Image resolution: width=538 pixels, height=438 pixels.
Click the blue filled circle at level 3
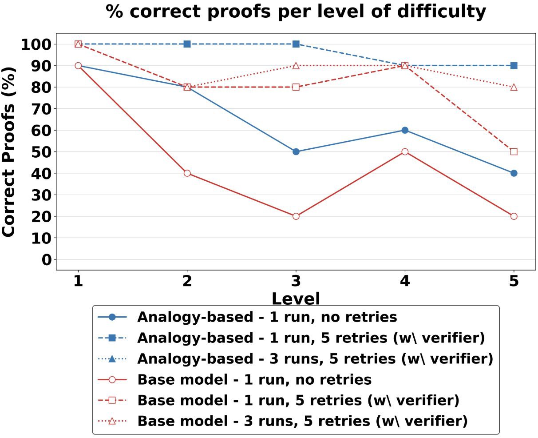click(296, 151)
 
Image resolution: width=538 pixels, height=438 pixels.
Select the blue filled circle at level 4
click(405, 130)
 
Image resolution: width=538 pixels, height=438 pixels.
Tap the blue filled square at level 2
click(187, 44)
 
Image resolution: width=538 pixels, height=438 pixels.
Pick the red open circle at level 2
click(187, 173)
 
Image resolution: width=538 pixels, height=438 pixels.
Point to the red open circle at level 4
click(405, 151)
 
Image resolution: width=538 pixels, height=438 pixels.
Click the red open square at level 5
click(514, 151)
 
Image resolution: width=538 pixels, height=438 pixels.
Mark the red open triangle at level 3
click(296, 66)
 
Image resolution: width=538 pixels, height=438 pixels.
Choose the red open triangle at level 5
click(514, 87)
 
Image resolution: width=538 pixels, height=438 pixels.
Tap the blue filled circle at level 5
click(514, 173)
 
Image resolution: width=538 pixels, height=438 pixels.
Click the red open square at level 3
click(296, 87)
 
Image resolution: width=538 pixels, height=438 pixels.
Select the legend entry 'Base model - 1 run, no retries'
click(235, 379)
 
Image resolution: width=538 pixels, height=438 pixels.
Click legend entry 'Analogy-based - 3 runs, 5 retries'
click(295, 358)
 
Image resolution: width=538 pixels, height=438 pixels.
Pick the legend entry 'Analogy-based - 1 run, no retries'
click(247, 317)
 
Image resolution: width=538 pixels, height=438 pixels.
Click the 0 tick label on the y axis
click(47, 259)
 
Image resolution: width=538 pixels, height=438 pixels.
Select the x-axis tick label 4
click(405, 281)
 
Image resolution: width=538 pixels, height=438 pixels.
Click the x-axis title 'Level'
click(296, 299)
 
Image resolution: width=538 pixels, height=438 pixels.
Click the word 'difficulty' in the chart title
click(442, 12)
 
